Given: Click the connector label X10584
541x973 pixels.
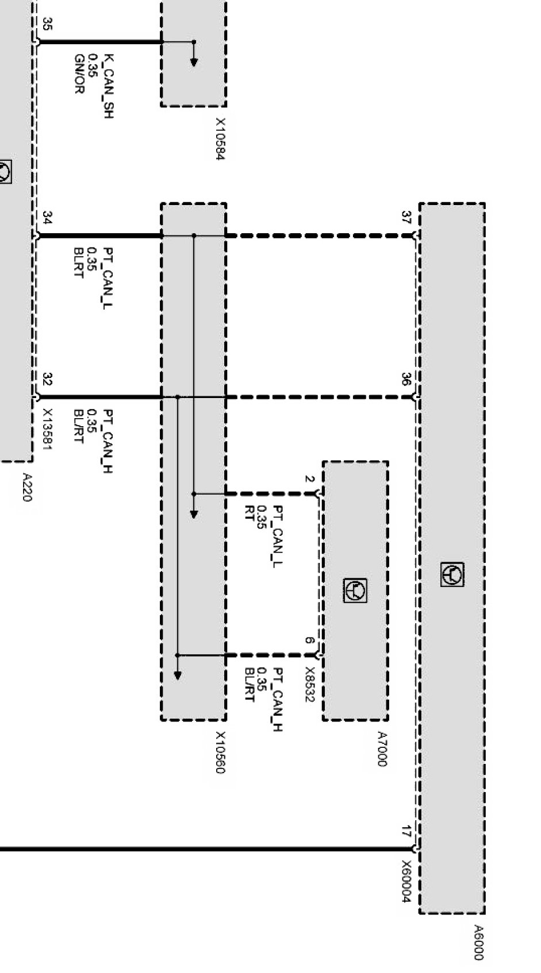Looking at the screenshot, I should (220, 140).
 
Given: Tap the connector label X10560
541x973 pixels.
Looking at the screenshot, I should (220, 752).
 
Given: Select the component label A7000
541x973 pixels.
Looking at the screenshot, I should (382, 748).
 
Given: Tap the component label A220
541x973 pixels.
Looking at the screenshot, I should (26, 487).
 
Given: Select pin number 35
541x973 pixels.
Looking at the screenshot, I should (48, 24).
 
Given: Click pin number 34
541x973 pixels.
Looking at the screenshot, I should (48, 218).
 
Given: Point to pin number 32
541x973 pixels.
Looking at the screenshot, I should (48, 380).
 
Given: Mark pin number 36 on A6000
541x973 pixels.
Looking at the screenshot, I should (406, 380).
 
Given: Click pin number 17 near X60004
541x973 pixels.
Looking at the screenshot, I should (406, 831).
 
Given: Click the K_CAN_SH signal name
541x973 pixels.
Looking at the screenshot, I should (108, 86).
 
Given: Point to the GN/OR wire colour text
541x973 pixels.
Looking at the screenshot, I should (79, 74).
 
